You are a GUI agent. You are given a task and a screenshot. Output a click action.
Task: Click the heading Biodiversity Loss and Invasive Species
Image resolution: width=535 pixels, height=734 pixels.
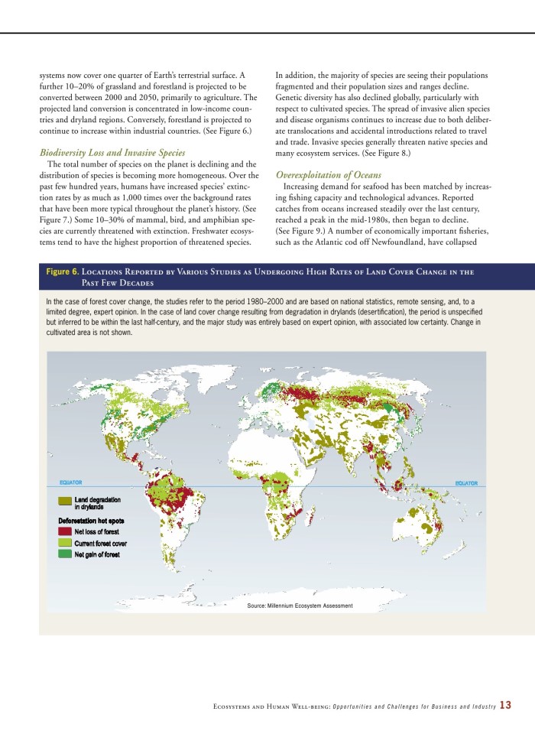click(x=112, y=153)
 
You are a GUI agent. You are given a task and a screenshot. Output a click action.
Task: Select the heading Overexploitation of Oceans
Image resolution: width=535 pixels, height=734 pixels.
click(x=328, y=175)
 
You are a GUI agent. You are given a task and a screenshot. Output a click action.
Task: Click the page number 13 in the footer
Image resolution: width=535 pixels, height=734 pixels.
click(x=505, y=705)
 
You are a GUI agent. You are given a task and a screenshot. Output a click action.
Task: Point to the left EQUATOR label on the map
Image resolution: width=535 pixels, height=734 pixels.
click(x=70, y=483)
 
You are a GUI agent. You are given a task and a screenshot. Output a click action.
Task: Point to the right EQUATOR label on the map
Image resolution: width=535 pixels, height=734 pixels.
click(x=466, y=483)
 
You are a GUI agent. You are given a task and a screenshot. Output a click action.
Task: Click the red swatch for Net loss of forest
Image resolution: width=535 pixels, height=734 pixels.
click(x=66, y=531)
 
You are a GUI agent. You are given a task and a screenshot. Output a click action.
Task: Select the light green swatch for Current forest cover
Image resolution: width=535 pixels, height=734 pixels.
click(x=66, y=543)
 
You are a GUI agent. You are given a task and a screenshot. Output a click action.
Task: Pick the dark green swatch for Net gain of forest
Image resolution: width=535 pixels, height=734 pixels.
click(x=66, y=554)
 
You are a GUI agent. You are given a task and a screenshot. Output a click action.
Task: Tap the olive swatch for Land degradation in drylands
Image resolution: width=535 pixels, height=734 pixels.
click(x=66, y=500)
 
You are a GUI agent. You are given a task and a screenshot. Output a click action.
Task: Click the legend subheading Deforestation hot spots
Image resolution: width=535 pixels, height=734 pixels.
click(x=91, y=521)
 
